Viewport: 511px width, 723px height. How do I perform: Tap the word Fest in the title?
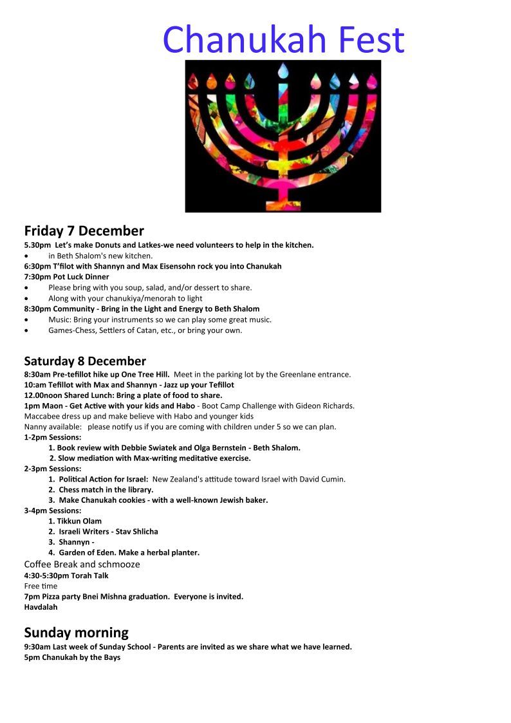click(369, 39)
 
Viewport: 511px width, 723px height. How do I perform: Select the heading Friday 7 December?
click(84, 230)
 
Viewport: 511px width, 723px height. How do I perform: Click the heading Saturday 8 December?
click(85, 361)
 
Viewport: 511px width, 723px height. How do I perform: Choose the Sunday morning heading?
click(76, 632)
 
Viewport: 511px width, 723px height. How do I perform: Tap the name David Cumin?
click(324, 479)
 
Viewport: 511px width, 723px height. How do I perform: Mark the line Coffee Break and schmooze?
click(82, 564)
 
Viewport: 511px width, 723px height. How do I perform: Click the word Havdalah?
click(41, 606)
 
